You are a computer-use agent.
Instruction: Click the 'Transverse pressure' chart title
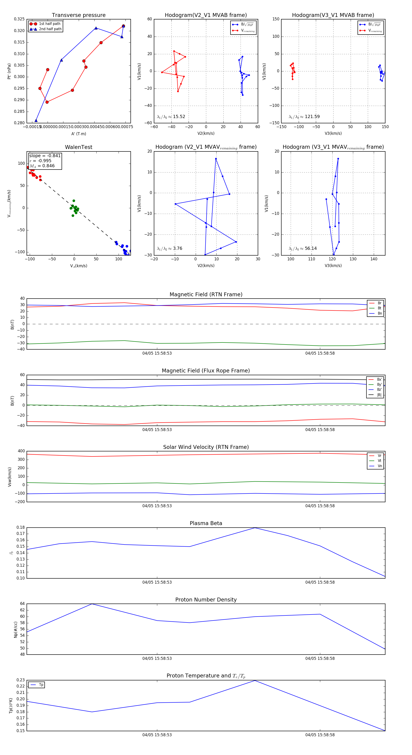click(79, 15)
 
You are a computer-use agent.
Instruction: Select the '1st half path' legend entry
click(49, 24)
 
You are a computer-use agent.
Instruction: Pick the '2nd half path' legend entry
click(50, 29)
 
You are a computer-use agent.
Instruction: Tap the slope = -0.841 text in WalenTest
click(45, 156)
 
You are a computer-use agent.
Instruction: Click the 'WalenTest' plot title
click(79, 147)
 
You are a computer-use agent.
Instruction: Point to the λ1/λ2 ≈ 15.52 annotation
click(171, 117)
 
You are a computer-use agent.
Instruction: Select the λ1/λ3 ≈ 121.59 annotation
click(304, 117)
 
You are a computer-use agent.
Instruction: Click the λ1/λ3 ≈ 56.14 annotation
click(303, 248)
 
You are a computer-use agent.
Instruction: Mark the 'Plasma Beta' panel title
click(206, 523)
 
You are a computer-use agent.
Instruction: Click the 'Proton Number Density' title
click(206, 600)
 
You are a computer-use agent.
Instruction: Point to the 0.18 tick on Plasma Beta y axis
click(21, 527)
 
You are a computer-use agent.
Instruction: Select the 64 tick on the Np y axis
click(22, 604)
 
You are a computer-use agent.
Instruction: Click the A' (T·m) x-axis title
click(79, 134)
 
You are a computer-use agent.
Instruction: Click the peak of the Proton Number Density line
click(92, 604)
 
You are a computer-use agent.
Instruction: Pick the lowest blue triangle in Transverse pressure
click(36, 121)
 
